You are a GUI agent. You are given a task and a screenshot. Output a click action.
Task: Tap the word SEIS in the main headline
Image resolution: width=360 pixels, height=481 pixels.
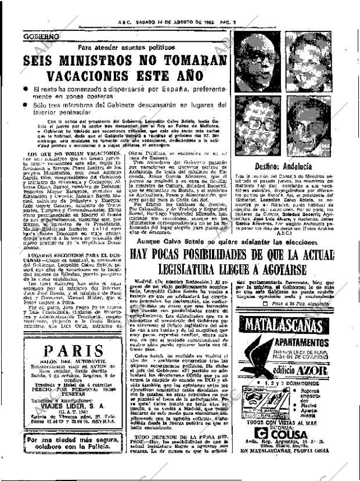[49, 61]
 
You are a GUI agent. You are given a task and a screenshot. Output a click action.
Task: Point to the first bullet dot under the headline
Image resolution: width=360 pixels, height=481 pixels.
[27, 89]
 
